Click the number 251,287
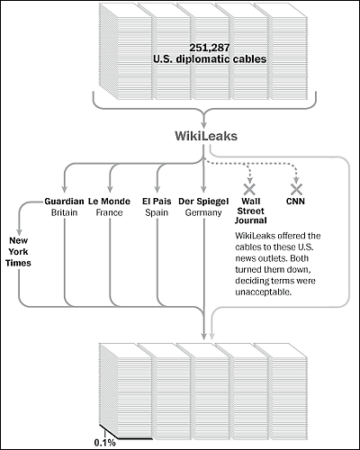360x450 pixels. (210, 48)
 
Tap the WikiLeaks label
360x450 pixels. (206, 136)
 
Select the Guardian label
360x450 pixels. (64, 201)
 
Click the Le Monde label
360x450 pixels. (109, 201)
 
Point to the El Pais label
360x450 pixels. (157, 201)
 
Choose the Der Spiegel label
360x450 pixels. (203, 202)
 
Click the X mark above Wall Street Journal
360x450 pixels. (249, 189)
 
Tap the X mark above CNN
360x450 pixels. (296, 189)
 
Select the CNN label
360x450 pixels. (295, 201)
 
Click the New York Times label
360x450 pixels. (18, 252)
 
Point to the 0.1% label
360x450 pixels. (104, 443)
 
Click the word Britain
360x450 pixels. (64, 212)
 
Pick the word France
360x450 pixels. (109, 212)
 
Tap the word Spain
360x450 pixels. (157, 212)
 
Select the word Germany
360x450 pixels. (203, 212)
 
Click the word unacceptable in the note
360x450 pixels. (263, 292)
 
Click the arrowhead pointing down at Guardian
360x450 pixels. (64, 188)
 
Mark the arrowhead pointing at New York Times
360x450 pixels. (19, 231)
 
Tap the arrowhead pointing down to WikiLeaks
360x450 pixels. (204, 124)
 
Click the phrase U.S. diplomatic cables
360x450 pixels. (210, 58)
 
